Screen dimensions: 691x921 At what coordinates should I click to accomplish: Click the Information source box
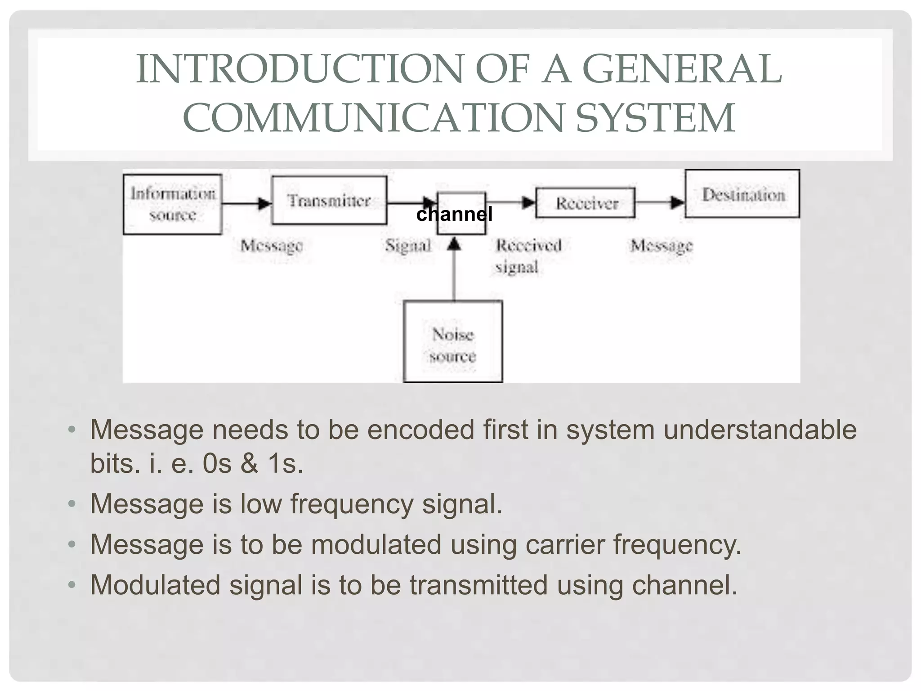(173, 204)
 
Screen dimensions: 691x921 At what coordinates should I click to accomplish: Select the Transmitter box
(329, 200)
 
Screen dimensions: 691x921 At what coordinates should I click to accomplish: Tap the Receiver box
(586, 203)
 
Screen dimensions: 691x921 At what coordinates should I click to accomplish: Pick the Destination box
(742, 194)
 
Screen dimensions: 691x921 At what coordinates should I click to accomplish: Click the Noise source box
(453, 342)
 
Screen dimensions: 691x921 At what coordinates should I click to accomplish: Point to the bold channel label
(454, 214)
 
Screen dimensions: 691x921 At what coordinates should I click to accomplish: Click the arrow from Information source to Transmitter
(246, 203)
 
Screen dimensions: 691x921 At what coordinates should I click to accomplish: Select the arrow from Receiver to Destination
(660, 202)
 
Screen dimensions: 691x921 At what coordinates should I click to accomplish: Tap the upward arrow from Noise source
(454, 270)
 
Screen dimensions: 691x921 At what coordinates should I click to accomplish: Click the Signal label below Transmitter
(408, 246)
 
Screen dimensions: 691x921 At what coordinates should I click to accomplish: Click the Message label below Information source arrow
(271, 246)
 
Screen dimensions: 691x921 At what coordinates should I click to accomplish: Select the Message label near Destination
(661, 246)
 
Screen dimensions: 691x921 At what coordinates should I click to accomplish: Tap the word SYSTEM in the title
(655, 118)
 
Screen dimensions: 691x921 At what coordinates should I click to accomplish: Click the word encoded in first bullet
(420, 430)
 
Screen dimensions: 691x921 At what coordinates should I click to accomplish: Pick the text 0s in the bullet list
(217, 463)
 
